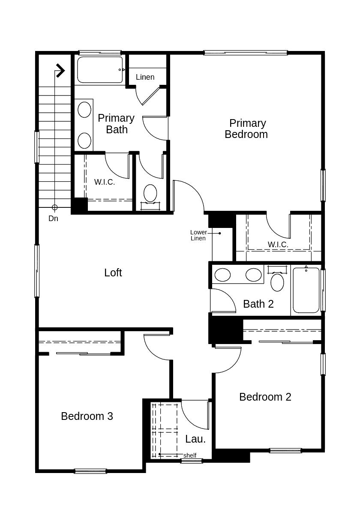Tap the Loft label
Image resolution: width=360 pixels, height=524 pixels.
pos(113,272)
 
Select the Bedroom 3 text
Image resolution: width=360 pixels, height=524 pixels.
pos(87,416)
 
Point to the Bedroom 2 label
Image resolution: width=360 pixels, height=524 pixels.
pos(265,397)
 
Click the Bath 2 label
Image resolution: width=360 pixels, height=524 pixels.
pos(258,304)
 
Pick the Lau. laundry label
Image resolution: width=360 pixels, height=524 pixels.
pos(195,439)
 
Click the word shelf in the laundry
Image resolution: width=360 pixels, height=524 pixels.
pos(190,455)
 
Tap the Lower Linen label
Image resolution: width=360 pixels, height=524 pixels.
pos(198,235)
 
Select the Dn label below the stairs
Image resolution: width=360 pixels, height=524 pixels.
pos(53,219)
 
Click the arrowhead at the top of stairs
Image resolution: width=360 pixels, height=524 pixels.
pos(60,70)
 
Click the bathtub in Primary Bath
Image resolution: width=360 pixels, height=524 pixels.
pos(100,69)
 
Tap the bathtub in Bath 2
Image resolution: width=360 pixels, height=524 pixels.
pos(306,290)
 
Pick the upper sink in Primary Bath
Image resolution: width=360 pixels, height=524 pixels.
pos(84,109)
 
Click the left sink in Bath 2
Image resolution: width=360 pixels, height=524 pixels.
pos(222,275)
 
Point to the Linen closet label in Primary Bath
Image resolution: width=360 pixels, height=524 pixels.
pos(145,77)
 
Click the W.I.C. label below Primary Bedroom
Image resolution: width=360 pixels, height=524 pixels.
pos(278,244)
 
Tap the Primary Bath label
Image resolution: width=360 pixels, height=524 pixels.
pos(116,123)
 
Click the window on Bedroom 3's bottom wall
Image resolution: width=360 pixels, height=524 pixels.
pos(90,471)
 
